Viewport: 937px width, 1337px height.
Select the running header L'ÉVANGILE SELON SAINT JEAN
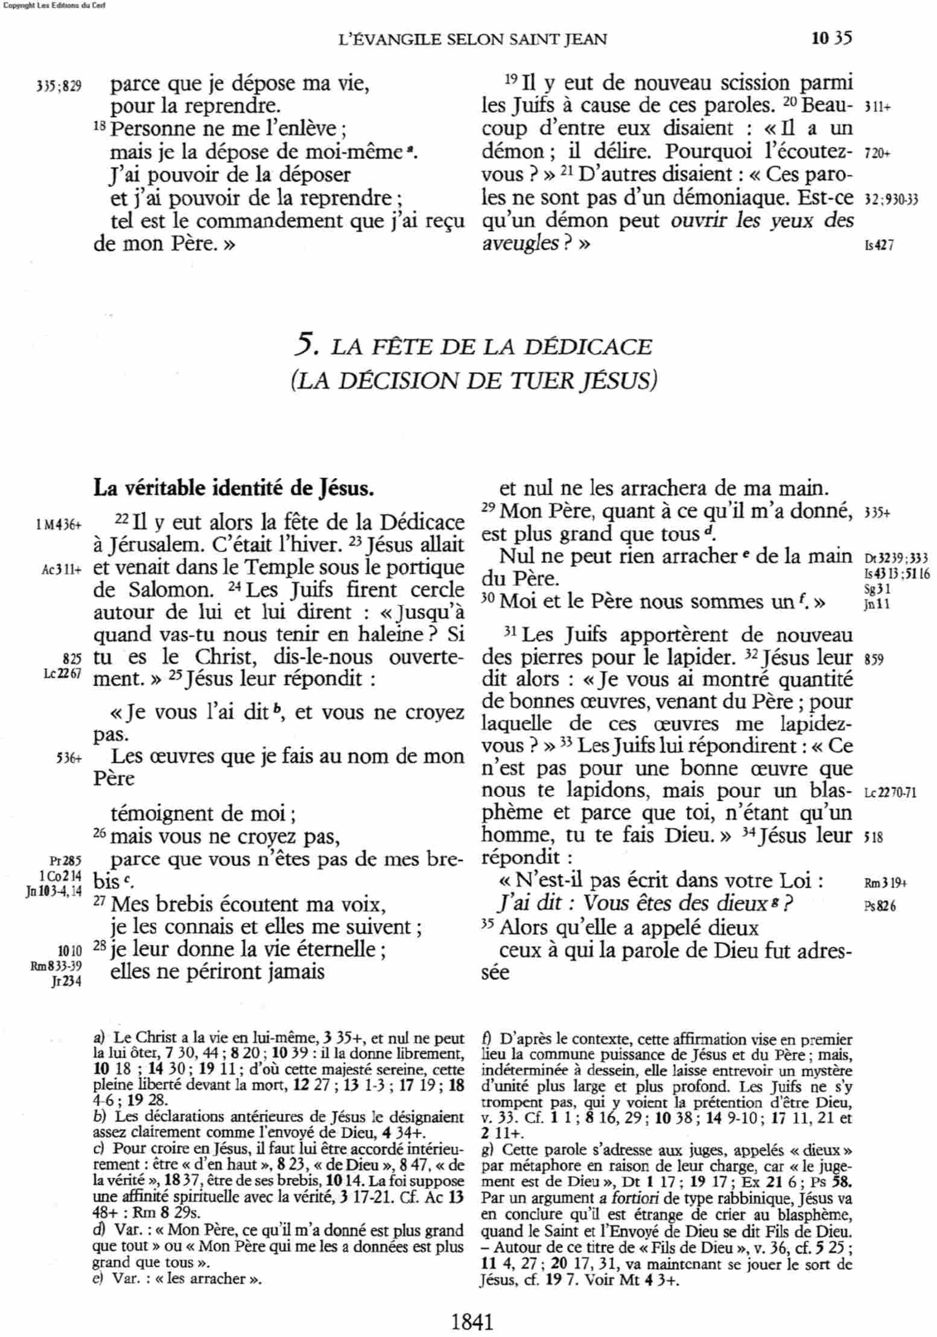(473, 40)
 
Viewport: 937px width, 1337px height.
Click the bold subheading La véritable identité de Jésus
(233, 487)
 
